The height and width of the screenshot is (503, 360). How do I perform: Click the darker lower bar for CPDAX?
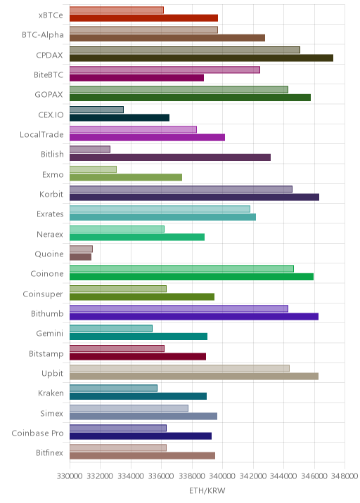(x=201, y=58)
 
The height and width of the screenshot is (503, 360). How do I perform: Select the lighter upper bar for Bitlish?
(x=90, y=150)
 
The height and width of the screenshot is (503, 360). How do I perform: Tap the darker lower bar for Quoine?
(x=81, y=257)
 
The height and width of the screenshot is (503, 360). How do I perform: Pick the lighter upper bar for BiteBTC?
(x=165, y=70)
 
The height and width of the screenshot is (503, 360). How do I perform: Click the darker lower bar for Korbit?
(x=194, y=197)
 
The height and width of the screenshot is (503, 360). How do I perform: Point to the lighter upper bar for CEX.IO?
(x=96, y=110)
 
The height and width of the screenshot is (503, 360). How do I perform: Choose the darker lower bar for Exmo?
(x=126, y=178)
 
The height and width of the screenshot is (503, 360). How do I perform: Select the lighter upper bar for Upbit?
(x=179, y=368)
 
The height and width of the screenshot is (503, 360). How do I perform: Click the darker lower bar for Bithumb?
(x=194, y=317)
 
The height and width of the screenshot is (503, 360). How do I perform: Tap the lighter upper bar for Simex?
(x=129, y=408)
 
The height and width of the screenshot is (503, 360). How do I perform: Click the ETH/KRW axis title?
(x=207, y=491)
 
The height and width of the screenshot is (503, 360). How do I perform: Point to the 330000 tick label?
(x=70, y=476)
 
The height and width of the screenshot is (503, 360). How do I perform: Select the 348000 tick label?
(x=345, y=476)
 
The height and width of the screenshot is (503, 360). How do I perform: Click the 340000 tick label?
(x=223, y=476)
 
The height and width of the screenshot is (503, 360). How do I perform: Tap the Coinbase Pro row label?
(x=37, y=433)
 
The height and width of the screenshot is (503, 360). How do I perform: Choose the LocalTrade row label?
(x=41, y=134)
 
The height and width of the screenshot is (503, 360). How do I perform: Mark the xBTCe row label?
(x=51, y=15)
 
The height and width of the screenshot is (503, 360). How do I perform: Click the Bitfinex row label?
(x=50, y=453)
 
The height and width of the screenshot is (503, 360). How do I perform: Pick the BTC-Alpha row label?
(x=43, y=35)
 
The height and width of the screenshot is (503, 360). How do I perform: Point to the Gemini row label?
(x=50, y=334)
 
